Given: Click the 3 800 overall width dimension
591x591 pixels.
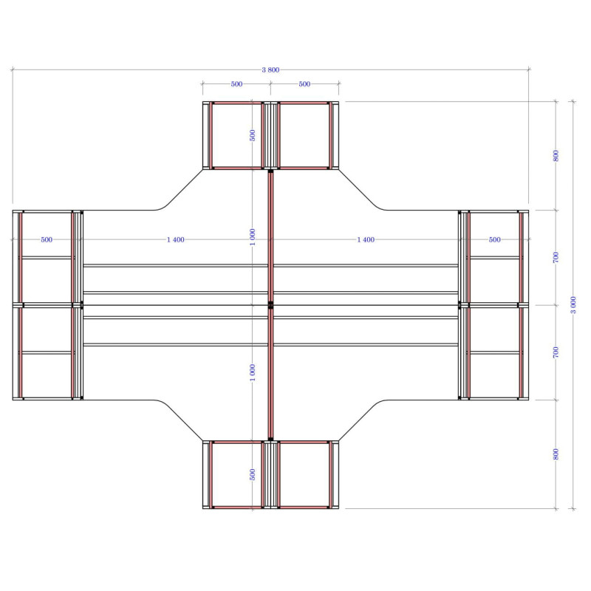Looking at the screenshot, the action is (x=270, y=69).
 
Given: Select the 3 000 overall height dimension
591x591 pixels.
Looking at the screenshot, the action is (x=573, y=305).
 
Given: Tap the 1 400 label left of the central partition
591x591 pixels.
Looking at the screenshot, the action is (x=176, y=239).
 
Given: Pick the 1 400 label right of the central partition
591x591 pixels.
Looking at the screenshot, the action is (x=366, y=239).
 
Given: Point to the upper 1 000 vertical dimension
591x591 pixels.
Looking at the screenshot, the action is (x=253, y=237).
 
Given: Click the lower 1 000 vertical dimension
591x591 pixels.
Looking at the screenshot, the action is (x=253, y=372).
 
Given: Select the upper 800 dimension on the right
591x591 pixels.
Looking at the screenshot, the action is (x=556, y=156).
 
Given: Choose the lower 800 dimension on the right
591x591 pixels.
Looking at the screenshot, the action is (x=556, y=454).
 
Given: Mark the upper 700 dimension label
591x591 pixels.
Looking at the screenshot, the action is (x=556, y=258).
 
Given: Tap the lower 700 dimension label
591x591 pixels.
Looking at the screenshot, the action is (x=556, y=353).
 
